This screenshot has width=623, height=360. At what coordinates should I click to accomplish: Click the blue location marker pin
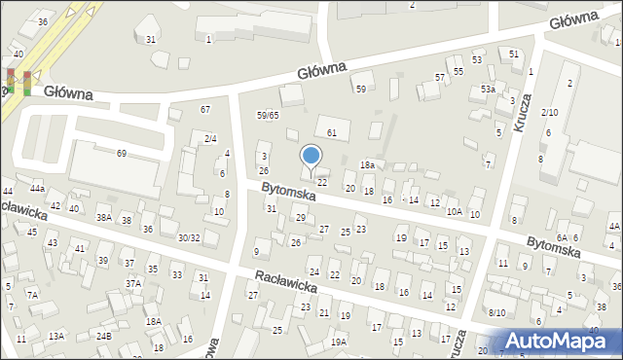(311, 157)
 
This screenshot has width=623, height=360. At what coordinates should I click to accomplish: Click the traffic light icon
(18, 81)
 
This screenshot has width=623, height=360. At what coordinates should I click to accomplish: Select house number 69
(122, 154)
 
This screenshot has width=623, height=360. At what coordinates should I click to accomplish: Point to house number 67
(204, 109)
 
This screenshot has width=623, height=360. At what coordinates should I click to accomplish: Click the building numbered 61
(332, 131)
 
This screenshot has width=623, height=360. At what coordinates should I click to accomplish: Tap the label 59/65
(268, 115)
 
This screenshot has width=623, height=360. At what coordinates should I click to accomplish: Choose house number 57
(440, 76)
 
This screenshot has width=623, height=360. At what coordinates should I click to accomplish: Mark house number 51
(513, 54)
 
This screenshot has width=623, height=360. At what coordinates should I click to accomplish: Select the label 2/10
(550, 113)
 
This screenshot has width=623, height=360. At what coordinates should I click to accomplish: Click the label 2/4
(210, 138)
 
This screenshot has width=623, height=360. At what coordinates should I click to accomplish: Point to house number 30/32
(189, 237)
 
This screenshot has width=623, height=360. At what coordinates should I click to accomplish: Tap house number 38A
(103, 218)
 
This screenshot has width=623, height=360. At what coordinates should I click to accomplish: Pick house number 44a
(37, 188)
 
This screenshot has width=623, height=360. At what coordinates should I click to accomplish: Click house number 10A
(454, 211)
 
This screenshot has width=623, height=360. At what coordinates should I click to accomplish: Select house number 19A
(338, 342)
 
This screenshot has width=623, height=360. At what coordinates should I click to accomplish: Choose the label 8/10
(497, 312)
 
